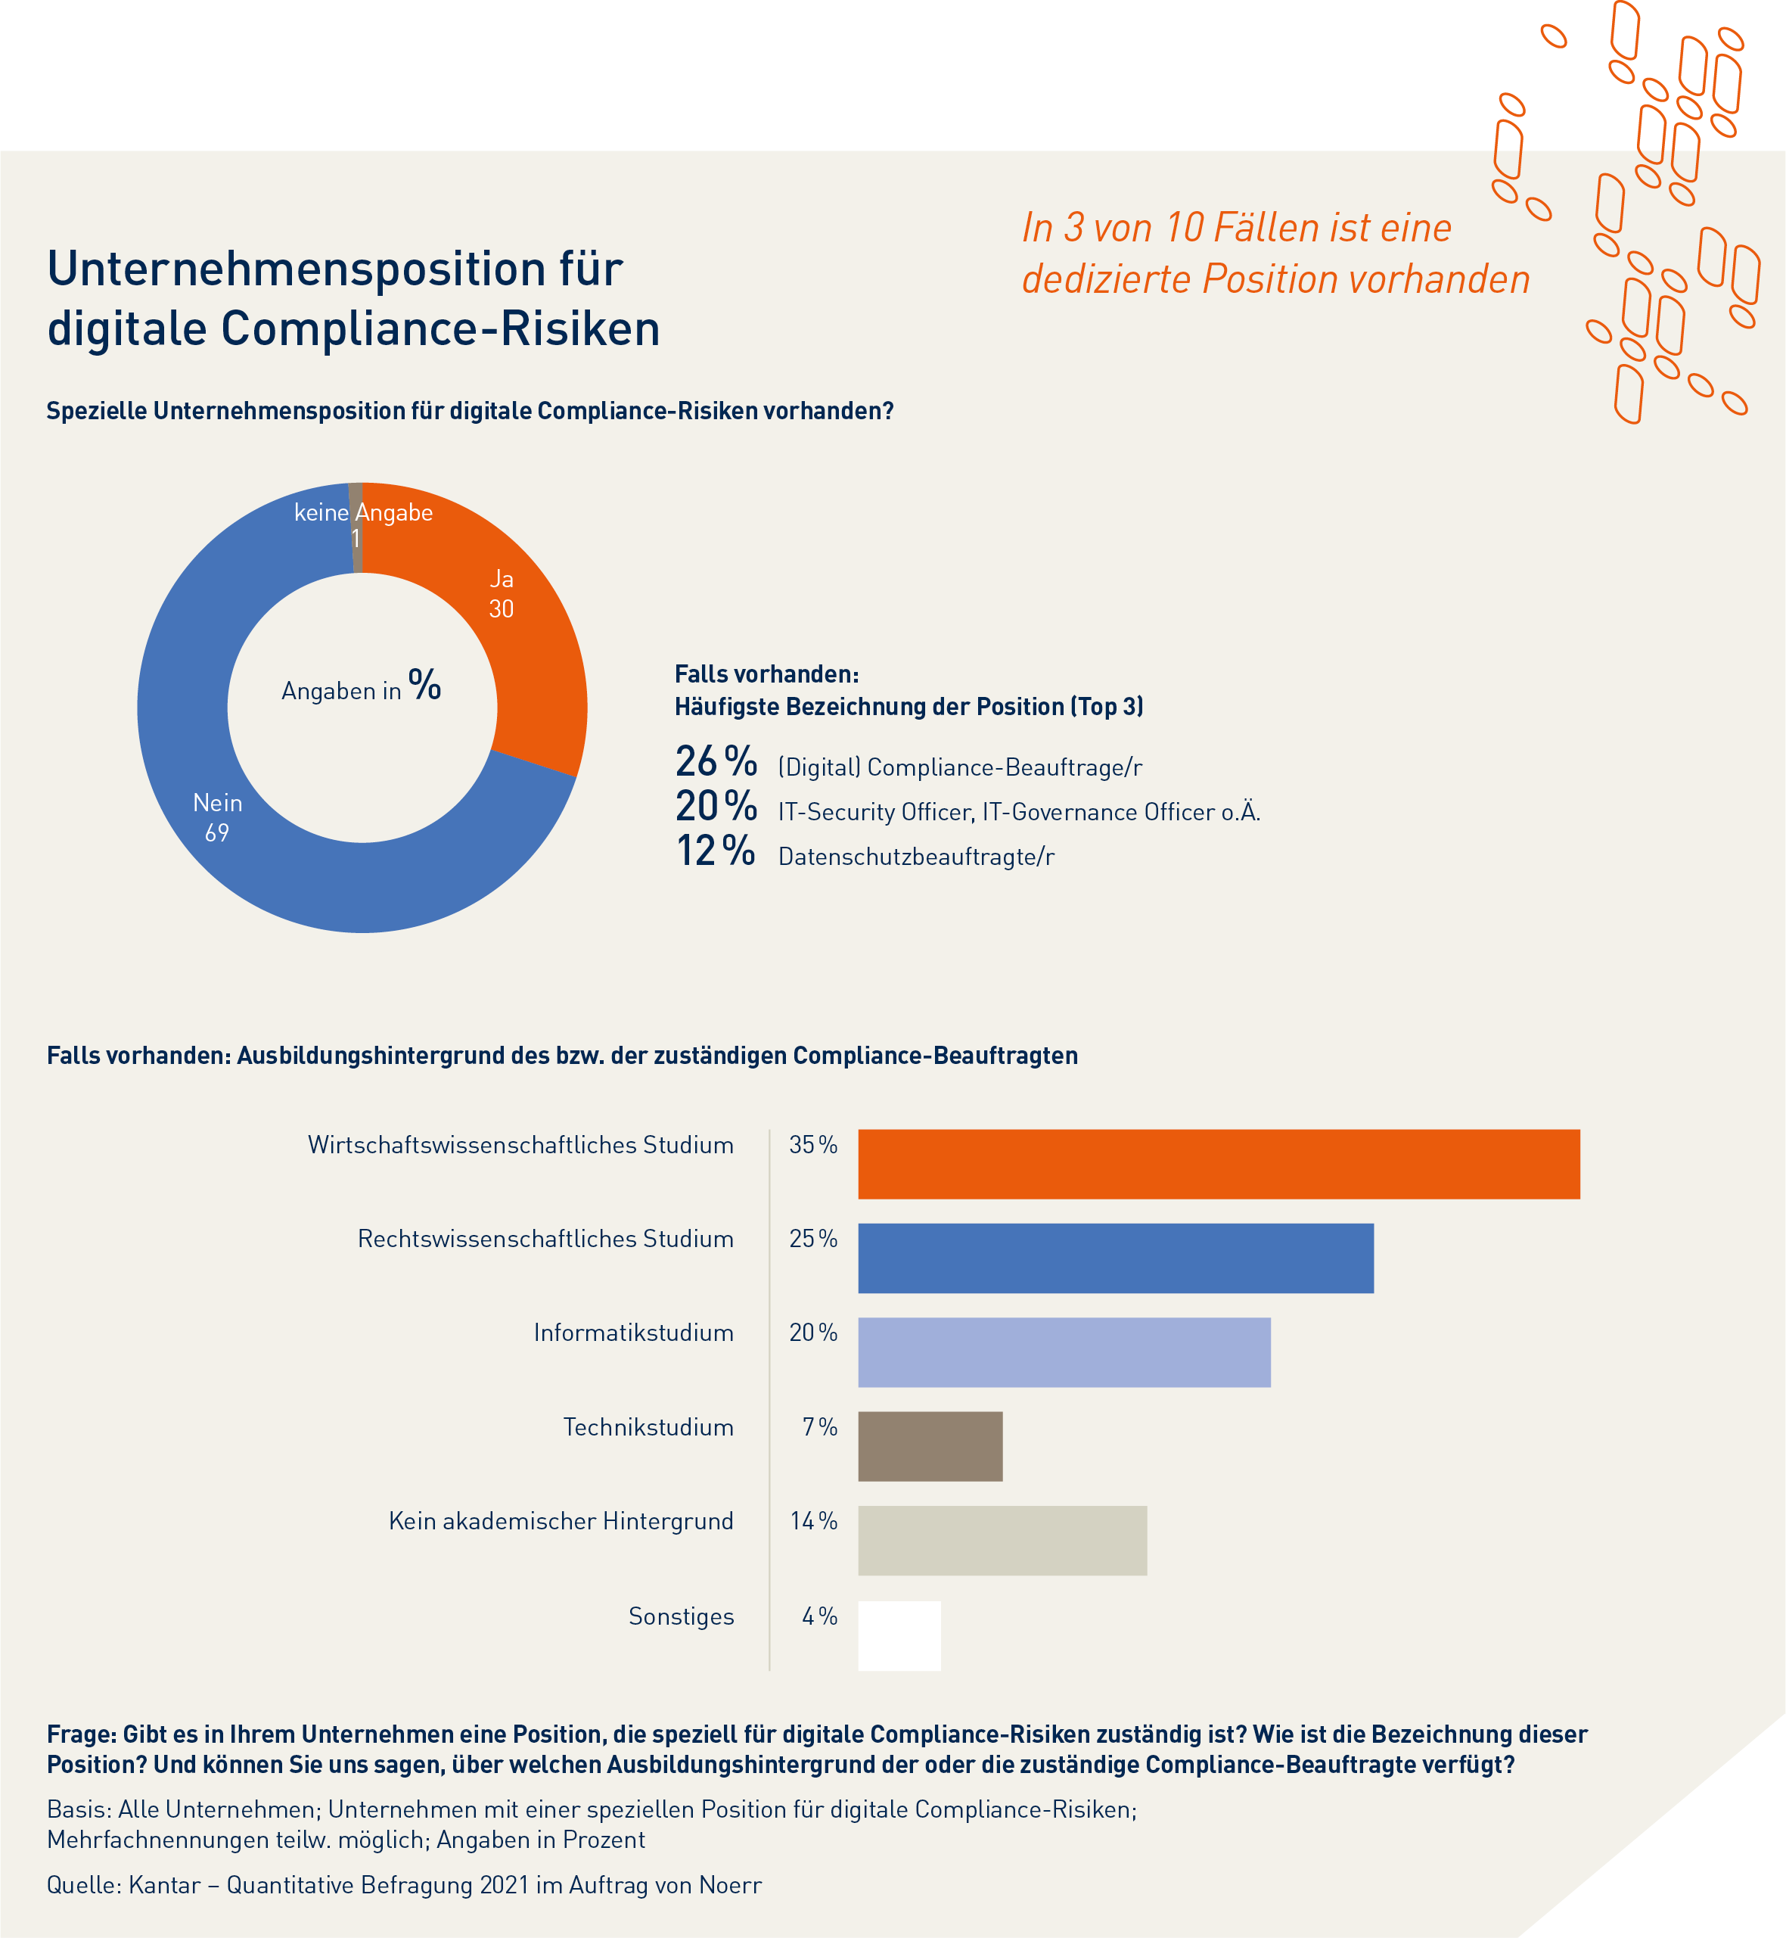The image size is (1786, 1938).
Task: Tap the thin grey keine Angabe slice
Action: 356,527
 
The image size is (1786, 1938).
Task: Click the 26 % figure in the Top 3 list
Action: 715,762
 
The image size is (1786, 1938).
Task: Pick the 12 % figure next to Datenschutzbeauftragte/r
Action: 715,851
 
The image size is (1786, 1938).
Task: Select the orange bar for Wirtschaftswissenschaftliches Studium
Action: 1218,1164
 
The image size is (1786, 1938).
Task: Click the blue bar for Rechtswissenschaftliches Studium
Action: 1115,1258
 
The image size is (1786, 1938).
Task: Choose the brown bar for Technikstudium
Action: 930,1446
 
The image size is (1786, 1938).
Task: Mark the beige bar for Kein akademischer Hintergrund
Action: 1002,1540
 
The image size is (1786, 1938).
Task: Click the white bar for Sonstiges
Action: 899,1635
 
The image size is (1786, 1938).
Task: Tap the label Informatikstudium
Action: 633,1333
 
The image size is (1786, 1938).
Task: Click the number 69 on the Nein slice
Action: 216,832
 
